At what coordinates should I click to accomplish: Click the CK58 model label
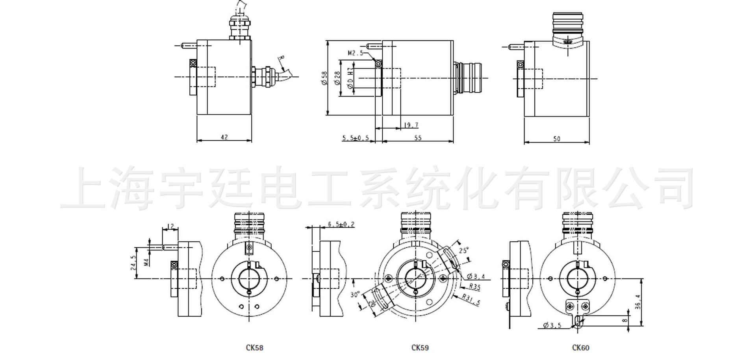[254, 348]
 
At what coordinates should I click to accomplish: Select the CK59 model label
[420, 348]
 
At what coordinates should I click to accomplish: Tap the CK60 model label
[581, 348]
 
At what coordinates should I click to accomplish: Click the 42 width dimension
[224, 137]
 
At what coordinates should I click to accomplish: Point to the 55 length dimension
[418, 137]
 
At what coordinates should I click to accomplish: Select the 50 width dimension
[556, 139]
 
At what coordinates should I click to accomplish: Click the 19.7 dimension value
[411, 125]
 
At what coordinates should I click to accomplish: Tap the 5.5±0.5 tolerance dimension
[356, 138]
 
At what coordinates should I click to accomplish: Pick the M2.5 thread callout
[356, 53]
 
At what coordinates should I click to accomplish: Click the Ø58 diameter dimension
[324, 78]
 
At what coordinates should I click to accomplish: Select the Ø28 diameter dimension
[337, 78]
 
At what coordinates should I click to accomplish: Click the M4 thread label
[146, 262]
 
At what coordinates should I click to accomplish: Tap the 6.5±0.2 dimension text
[341, 224]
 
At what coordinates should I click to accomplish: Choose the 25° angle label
[464, 250]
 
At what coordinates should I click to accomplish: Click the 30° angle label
[355, 294]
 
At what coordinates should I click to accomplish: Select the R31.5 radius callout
[471, 300]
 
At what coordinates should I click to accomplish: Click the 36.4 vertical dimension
[638, 302]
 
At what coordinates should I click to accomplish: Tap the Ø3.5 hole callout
[552, 325]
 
